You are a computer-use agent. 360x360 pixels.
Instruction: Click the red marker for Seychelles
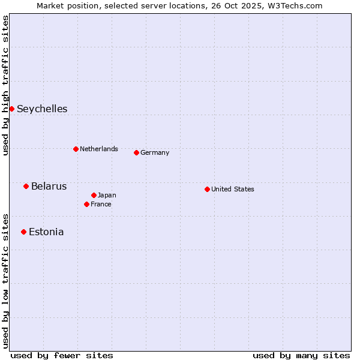pyautogui.click(x=11, y=109)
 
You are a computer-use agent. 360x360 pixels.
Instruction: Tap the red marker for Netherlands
pyautogui.click(x=76, y=149)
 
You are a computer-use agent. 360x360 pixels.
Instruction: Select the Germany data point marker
pyautogui.click(x=136, y=152)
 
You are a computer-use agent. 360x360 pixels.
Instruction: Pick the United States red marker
pyautogui.click(x=207, y=189)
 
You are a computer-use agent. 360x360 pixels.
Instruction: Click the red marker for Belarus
pyautogui.click(x=26, y=186)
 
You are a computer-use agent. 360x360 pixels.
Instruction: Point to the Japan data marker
pyautogui.click(x=94, y=195)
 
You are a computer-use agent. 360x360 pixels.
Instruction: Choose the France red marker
pyautogui.click(x=86, y=204)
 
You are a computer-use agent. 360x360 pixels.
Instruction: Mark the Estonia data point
pyautogui.click(x=23, y=232)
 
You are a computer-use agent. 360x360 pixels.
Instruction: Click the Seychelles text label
pyautogui.click(x=42, y=109)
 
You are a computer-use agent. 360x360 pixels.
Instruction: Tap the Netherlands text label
pyautogui.click(x=99, y=149)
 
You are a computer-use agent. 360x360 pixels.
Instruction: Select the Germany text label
pyautogui.click(x=155, y=152)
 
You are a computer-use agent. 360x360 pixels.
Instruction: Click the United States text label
pyautogui.click(x=233, y=189)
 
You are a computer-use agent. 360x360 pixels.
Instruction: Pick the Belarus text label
pyautogui.click(x=49, y=186)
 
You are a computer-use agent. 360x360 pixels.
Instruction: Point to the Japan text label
pyautogui.click(x=107, y=195)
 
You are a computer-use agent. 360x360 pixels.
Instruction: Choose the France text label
pyautogui.click(x=101, y=204)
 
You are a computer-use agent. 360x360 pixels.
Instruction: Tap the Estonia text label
pyautogui.click(x=46, y=232)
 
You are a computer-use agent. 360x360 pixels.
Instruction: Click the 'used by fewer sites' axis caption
pyautogui.click(x=62, y=355)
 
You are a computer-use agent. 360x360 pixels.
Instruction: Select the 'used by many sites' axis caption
pyautogui.click(x=301, y=355)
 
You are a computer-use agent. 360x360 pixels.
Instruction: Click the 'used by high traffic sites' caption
pyautogui.click(x=5, y=85)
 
